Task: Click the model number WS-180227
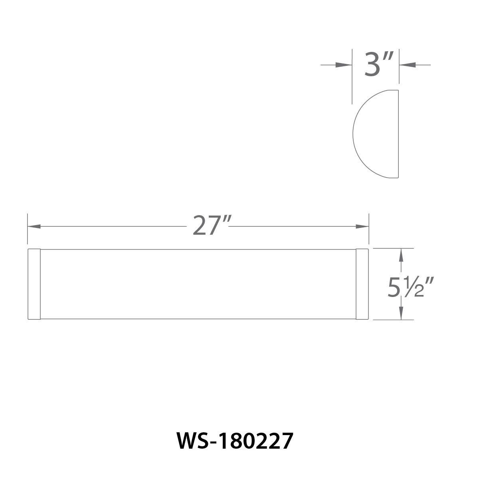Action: coord(235,441)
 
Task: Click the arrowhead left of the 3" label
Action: coord(344,65)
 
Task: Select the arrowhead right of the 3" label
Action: coord(407,65)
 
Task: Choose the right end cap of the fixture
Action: coord(362,284)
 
